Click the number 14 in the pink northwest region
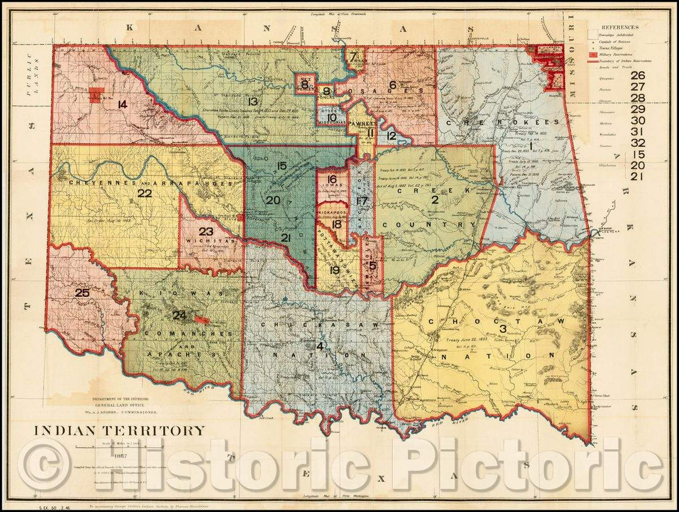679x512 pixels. (122, 104)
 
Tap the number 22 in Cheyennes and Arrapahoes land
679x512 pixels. (145, 193)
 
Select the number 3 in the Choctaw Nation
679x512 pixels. (503, 329)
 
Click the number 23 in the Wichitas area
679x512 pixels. (206, 231)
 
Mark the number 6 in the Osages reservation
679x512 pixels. (392, 85)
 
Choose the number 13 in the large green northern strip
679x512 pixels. (253, 101)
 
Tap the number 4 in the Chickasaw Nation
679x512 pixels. (320, 346)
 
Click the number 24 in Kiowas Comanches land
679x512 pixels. (180, 315)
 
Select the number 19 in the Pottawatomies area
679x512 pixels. (334, 270)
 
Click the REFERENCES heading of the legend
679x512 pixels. (620, 27)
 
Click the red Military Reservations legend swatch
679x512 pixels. (593, 55)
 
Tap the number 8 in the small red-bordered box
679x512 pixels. (304, 84)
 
